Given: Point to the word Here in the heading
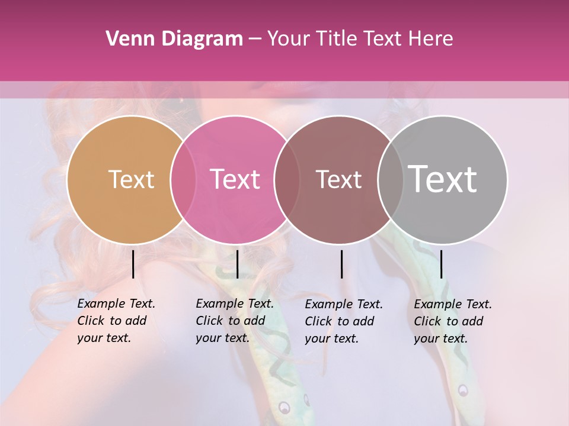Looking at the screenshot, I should pos(431,39).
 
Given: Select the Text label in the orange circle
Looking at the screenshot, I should pos(131,179).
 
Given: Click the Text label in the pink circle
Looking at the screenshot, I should pos(235,179).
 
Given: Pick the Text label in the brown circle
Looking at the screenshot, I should pos(338,179).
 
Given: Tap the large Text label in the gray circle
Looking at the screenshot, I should pos(442,179).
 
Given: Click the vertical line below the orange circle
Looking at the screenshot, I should pos(133,264).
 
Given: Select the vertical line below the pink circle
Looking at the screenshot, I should pos(237,264).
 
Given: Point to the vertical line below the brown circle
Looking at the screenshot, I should pos(341,264).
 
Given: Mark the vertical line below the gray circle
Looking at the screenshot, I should pos(441,264).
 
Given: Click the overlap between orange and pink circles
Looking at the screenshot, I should pos(183,179).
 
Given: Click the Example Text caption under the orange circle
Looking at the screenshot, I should pos(116,321).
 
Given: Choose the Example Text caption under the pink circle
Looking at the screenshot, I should pos(235,321).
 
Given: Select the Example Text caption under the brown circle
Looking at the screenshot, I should pos(344,321).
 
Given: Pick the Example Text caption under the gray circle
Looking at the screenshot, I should pos(453,321).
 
